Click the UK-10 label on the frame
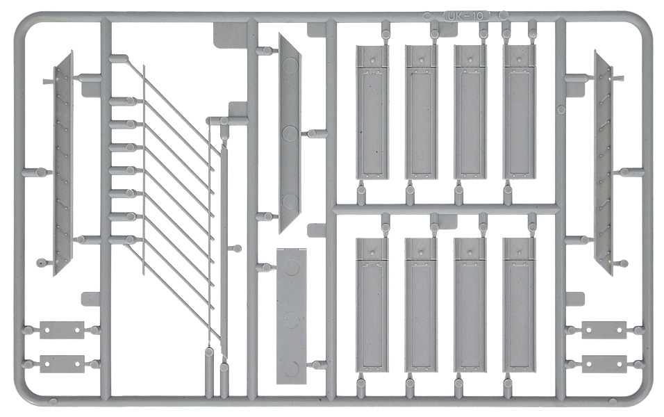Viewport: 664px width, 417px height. [x=465, y=16]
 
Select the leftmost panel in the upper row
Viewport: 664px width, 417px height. [x=372, y=112]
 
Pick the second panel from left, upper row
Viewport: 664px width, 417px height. [x=422, y=112]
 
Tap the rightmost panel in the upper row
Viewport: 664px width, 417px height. [x=520, y=112]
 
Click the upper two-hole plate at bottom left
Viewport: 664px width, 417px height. [x=62, y=329]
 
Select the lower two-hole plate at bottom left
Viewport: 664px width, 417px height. [x=62, y=364]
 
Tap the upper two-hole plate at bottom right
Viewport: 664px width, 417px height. [x=604, y=329]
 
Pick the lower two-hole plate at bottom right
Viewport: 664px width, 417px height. [x=604, y=364]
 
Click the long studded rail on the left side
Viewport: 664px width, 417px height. [x=63, y=163]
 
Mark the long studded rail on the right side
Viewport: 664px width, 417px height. [x=604, y=163]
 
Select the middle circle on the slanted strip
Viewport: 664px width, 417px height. [x=290, y=133]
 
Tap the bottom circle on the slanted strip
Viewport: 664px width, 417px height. [x=290, y=200]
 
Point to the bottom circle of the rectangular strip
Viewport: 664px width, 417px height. [x=292, y=370]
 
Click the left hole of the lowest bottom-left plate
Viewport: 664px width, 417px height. [x=47, y=364]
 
